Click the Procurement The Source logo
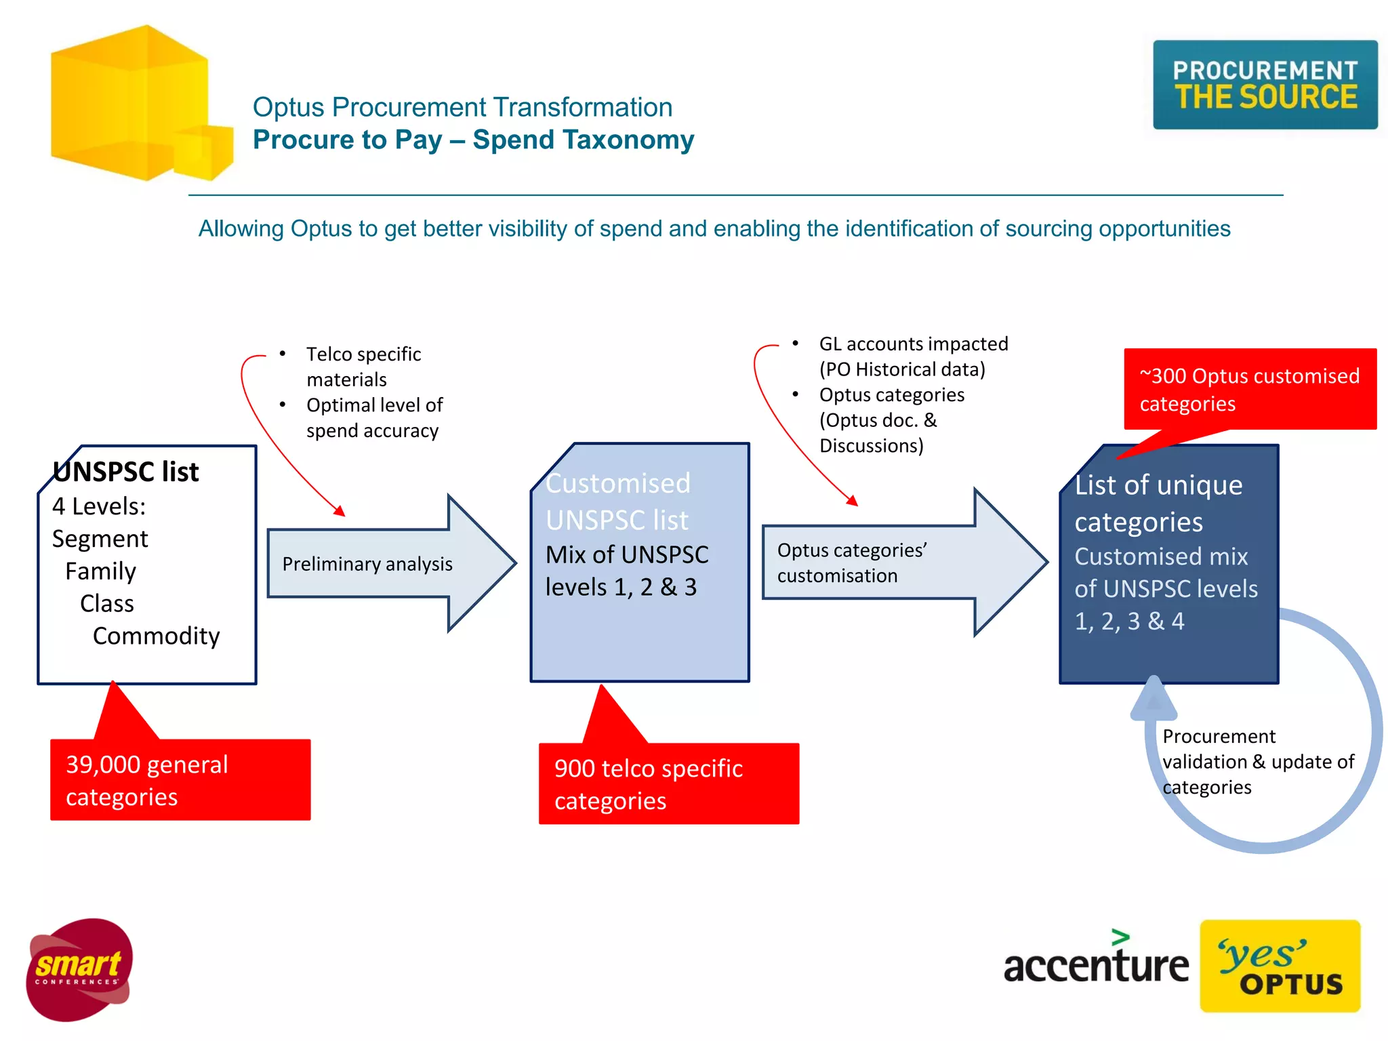coord(1265,85)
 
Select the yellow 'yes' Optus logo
coord(1280,966)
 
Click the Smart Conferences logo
coord(79,969)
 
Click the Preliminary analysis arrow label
coord(367,564)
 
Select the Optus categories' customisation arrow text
coord(851,563)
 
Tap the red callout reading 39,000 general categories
coord(180,780)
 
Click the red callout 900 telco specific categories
coord(668,784)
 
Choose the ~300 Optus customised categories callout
coord(1249,389)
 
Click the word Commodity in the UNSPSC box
coord(156,636)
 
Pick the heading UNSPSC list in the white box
coord(126,472)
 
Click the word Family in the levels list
coord(100,571)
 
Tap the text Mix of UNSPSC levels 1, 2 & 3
coord(626,571)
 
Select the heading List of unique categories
coord(1158,503)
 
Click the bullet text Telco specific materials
coord(363,366)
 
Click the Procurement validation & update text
coord(1258,762)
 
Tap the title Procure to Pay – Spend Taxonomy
coord(473,140)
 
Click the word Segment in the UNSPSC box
coord(100,539)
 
